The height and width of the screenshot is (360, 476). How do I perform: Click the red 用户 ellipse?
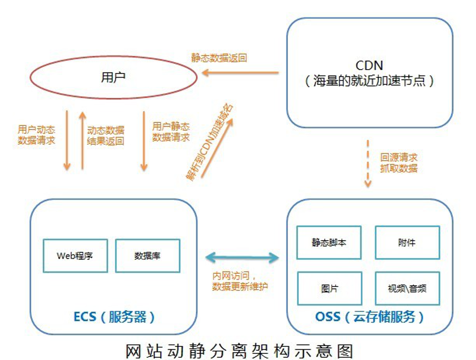(114, 78)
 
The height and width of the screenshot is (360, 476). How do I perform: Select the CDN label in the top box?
(369, 65)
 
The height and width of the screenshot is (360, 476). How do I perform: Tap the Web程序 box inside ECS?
(75, 256)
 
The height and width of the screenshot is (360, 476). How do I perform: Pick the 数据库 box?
(147, 256)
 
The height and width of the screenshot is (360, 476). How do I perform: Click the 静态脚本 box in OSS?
(329, 242)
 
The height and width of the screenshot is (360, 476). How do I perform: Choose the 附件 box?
(407, 242)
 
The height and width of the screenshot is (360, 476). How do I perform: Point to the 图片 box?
(329, 288)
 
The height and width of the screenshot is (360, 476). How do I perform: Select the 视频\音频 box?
(407, 288)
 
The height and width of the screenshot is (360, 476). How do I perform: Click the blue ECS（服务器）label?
(114, 317)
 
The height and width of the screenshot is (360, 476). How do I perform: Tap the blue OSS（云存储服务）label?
(369, 317)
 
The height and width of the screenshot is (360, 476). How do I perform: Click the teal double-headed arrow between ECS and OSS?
(242, 257)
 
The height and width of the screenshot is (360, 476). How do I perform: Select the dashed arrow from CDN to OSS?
(368, 162)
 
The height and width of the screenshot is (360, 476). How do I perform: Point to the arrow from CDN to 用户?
(240, 73)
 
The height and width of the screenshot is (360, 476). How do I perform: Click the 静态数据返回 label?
(219, 58)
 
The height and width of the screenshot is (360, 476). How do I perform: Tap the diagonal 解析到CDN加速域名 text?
(210, 141)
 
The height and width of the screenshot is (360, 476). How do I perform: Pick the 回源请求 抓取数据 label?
(398, 162)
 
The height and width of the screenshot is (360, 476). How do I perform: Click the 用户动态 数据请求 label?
(36, 135)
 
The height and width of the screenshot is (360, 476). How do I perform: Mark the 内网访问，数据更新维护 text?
(240, 281)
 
